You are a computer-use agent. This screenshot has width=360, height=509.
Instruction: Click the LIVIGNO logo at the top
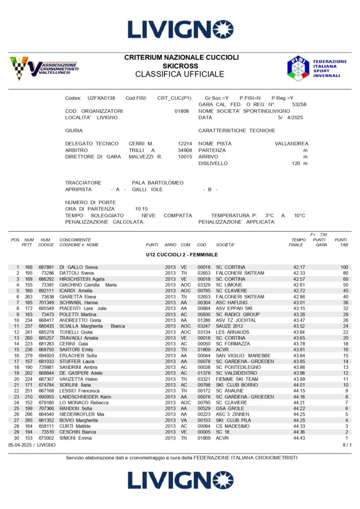[x=180, y=29]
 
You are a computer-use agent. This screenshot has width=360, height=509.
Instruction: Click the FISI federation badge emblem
[x=298, y=68]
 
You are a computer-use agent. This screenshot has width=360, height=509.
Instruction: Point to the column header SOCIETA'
[x=225, y=245]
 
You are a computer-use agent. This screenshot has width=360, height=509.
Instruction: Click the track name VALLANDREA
[x=291, y=144]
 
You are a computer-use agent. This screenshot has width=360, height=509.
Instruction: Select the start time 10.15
[x=141, y=209]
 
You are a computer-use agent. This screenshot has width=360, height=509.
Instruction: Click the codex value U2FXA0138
[x=101, y=98]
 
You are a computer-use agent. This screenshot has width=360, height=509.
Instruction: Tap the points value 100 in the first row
[x=344, y=267]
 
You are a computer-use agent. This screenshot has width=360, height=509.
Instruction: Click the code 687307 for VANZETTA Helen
[x=46, y=379]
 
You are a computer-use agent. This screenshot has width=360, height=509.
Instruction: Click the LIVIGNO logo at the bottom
[x=180, y=480]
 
